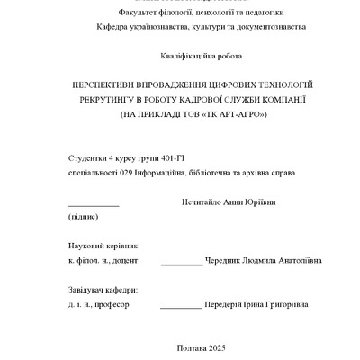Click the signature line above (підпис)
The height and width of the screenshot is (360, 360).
click(x=93, y=206)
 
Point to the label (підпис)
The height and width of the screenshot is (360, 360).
click(x=84, y=217)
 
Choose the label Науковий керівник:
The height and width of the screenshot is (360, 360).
click(x=103, y=245)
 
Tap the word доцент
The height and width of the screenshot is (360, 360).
click(x=125, y=260)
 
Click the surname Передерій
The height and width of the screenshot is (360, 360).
click(x=232, y=305)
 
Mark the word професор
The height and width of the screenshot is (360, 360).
click(x=112, y=305)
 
